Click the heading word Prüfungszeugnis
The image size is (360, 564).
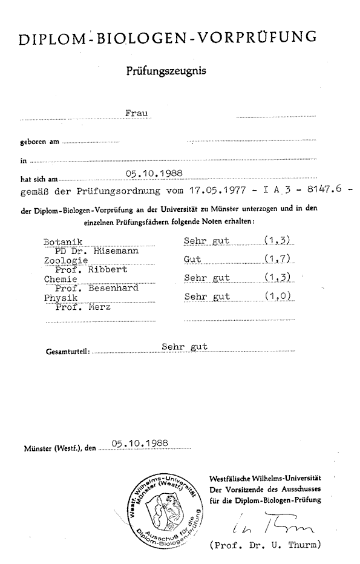[x=166, y=71]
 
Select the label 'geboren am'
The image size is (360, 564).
[x=39, y=142]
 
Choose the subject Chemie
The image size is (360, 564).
[x=59, y=279]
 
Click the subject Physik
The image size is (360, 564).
[x=59, y=298]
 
